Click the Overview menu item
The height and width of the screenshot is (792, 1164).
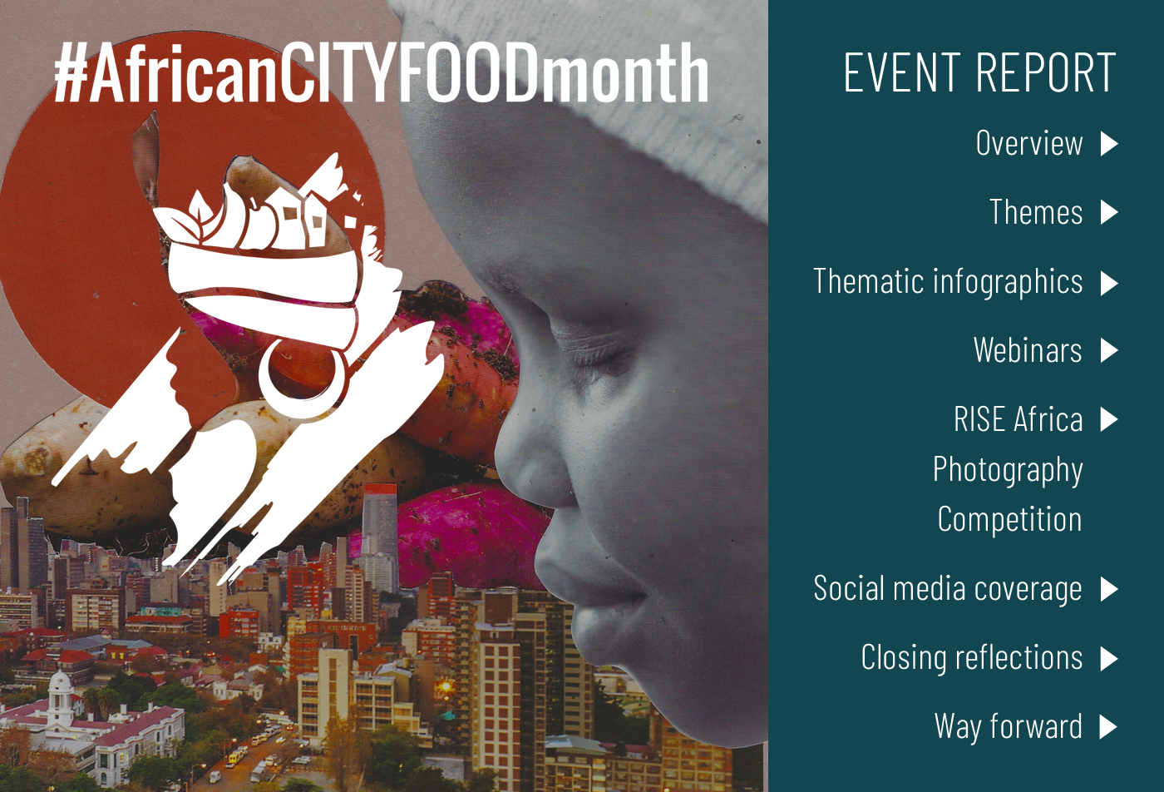1029,142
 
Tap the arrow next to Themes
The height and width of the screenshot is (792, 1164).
1109,212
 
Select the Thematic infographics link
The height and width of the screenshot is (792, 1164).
948,282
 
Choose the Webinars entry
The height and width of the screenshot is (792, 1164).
1028,350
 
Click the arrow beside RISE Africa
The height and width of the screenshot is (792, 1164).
1109,419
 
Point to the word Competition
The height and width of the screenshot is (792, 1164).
1009,520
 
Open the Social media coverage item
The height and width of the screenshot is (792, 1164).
948,589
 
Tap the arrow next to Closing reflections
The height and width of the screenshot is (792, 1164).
1109,658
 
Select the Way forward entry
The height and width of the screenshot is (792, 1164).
1008,726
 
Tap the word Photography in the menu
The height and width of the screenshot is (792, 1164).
1008,469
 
